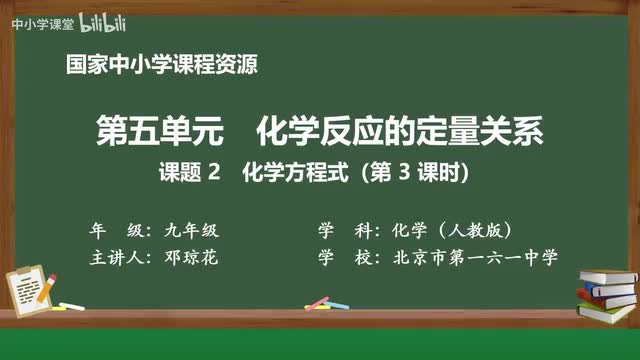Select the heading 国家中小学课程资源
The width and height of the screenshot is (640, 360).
160,66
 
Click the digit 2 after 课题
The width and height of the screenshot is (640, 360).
212,173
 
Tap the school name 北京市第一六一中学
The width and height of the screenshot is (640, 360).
470,257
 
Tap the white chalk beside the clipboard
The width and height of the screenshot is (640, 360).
70,303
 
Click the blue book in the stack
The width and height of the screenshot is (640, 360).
609,290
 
